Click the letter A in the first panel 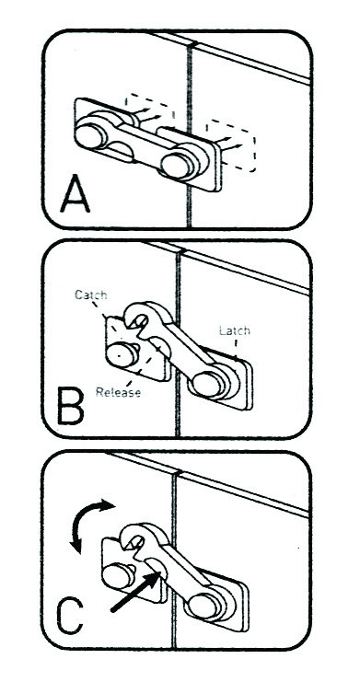(x=75, y=195)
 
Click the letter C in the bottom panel (x=69, y=617)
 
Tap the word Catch (x=90, y=295)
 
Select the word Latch (x=235, y=330)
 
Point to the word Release (x=119, y=392)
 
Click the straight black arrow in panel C (x=134, y=592)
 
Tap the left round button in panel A (x=90, y=136)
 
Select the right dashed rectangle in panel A (x=231, y=145)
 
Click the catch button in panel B (x=122, y=354)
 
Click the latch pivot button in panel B (x=208, y=384)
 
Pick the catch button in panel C (x=118, y=575)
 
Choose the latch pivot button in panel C (x=205, y=606)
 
